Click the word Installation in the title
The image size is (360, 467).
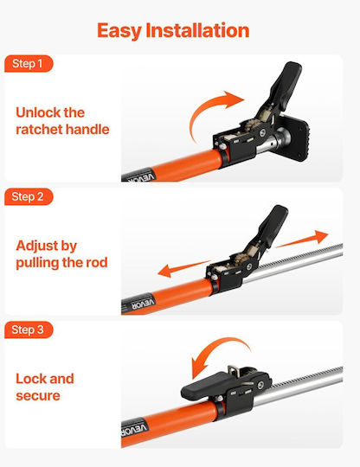click(197, 30)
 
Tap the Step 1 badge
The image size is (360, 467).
click(29, 64)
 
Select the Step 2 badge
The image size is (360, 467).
click(29, 196)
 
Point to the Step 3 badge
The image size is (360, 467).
click(29, 329)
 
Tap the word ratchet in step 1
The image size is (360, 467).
click(39, 130)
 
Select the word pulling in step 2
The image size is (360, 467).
click(37, 263)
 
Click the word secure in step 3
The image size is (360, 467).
click(38, 396)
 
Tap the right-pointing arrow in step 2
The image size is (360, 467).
click(302, 239)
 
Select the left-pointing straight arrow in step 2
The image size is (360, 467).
click(183, 269)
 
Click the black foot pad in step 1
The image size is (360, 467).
click(294, 137)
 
